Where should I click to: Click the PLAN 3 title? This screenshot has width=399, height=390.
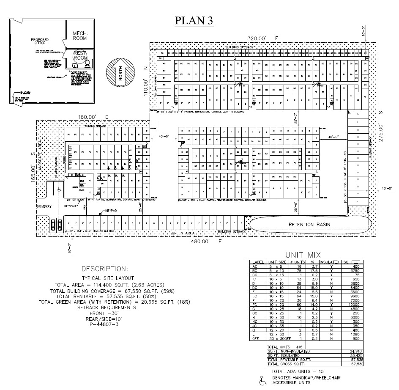click(194, 20)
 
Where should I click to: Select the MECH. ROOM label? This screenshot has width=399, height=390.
click(79, 36)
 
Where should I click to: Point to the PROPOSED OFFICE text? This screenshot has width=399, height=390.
click(40, 41)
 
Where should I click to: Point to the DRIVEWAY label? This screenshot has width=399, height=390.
click(44, 207)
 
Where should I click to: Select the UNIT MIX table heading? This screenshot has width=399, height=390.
click(303, 255)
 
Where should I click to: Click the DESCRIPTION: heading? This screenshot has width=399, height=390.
click(104, 269)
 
